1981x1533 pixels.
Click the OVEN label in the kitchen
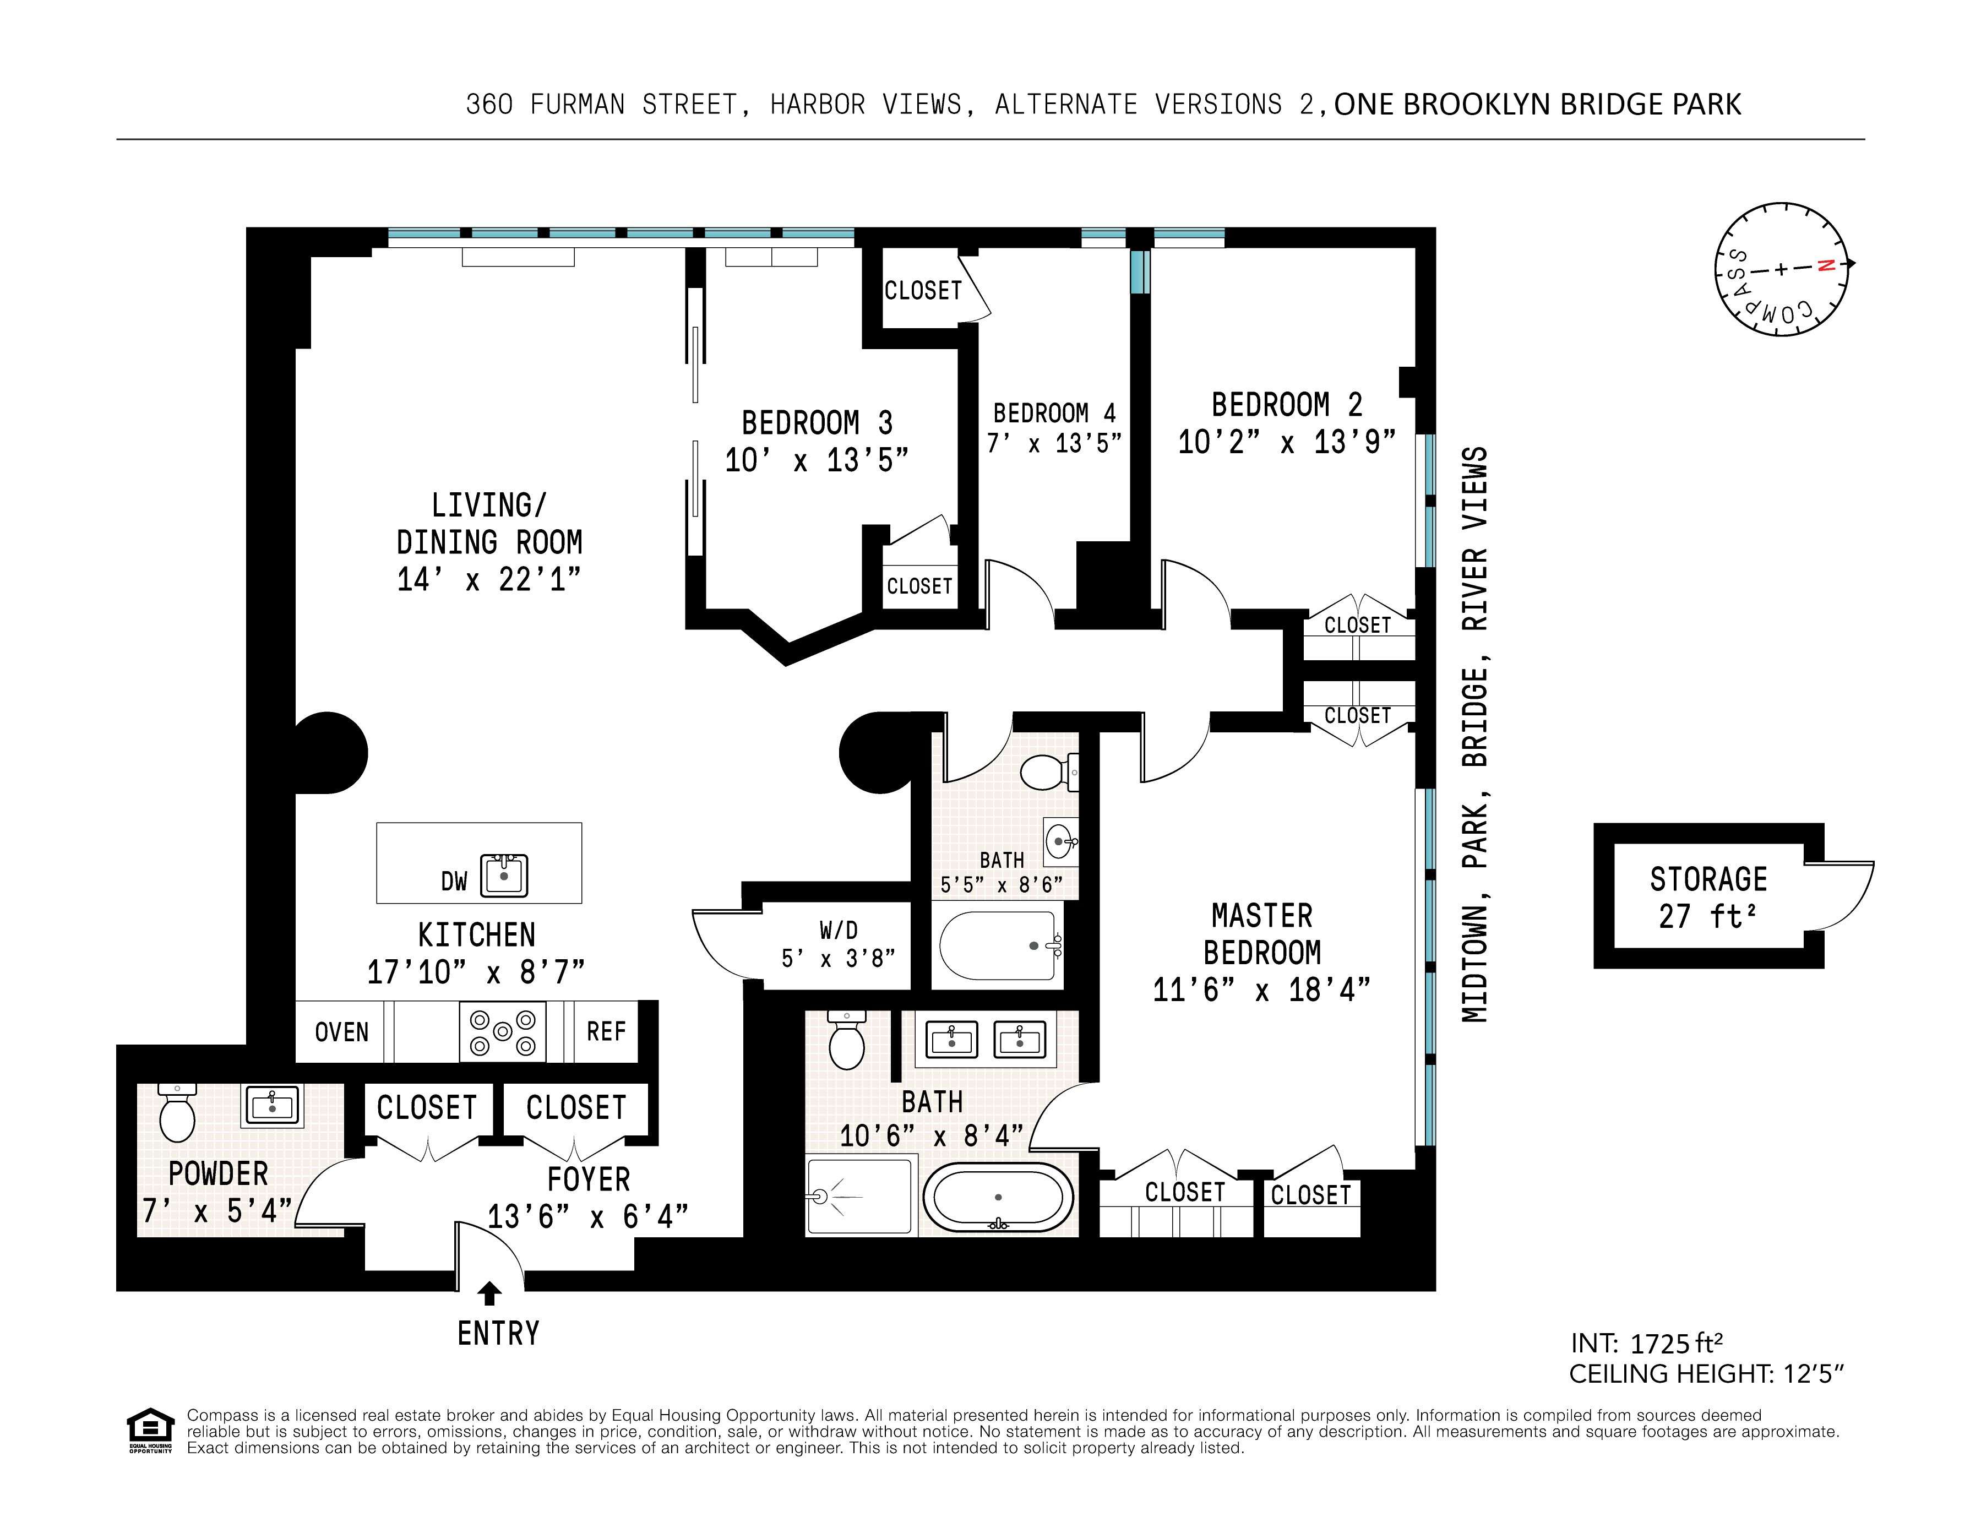(341, 1032)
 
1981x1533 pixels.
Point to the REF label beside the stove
(606, 1031)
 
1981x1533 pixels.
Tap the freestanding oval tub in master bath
(998, 1197)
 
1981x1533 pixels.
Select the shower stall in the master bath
(860, 1195)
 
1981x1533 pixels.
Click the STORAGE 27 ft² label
(1708, 897)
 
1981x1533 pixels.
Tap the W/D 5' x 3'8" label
(838, 944)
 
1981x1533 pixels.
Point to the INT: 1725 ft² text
(1646, 1342)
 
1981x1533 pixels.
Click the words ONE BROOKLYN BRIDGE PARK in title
(1537, 104)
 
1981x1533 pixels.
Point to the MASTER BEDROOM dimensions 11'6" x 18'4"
(1261, 990)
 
